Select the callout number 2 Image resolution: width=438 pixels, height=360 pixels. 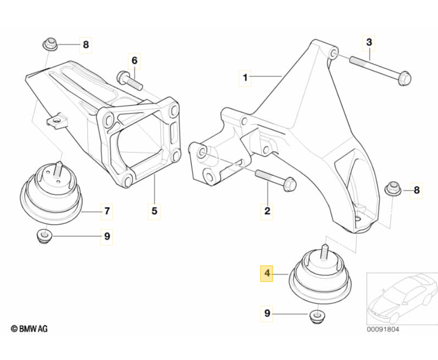tap(267, 210)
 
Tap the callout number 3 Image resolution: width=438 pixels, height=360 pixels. tap(368, 43)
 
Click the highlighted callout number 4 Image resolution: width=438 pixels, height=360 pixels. tap(267, 273)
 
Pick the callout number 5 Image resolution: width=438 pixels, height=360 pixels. tap(154, 210)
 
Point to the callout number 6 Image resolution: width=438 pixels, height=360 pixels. tap(134, 60)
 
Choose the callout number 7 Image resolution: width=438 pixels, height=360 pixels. tap(107, 210)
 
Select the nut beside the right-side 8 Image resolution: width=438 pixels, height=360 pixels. tap(392, 189)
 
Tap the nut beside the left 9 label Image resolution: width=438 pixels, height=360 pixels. tap(44, 236)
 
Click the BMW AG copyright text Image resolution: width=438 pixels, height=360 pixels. tap(30, 329)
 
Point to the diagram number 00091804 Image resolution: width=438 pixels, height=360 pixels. tap(383, 329)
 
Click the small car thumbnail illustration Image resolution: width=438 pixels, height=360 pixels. tap(401, 298)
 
